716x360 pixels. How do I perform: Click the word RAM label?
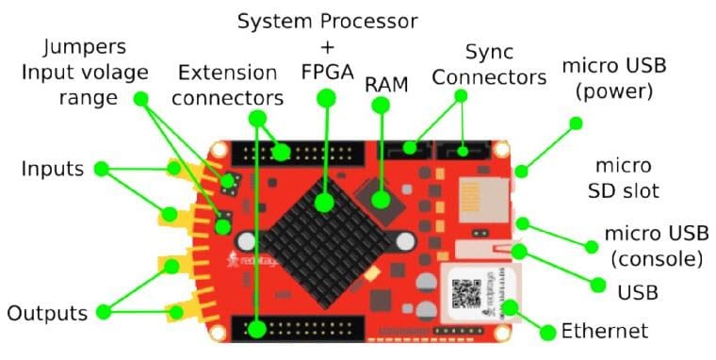(x=386, y=84)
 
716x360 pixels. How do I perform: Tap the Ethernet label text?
(x=605, y=331)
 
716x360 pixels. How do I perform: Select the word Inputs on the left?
(x=53, y=170)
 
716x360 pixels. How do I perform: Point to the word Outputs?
(x=47, y=313)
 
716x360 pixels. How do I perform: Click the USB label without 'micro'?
(x=638, y=292)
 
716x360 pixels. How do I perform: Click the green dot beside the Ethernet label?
(x=547, y=331)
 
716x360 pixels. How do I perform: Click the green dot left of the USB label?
(x=597, y=284)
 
